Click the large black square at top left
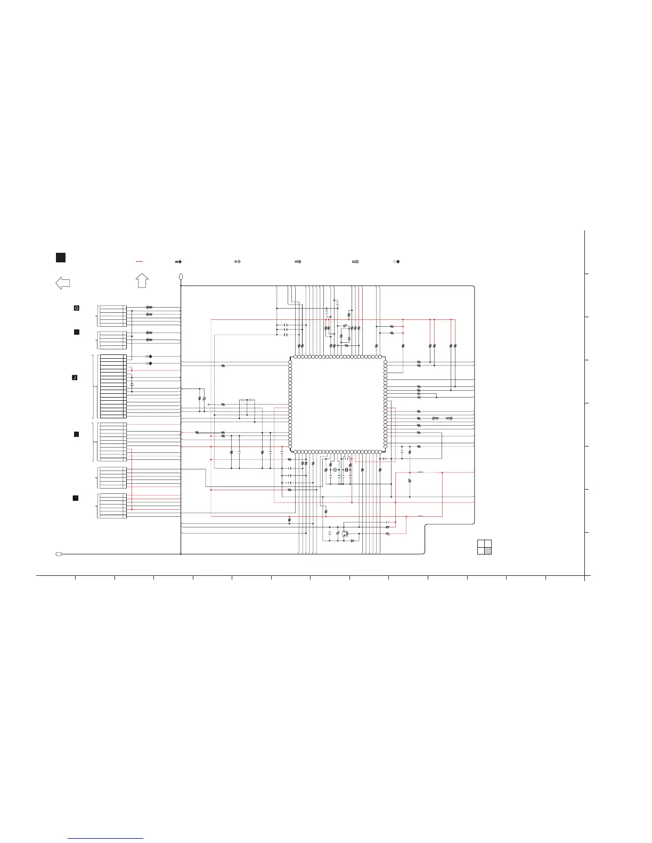pyautogui.click(x=60, y=258)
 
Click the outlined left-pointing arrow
pyautogui.click(x=62, y=283)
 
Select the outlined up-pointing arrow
pyautogui.click(x=142, y=280)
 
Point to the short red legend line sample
pyautogui.click(x=140, y=262)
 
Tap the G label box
pyautogui.click(x=77, y=308)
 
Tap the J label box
pyautogui.click(x=75, y=377)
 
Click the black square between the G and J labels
pyautogui.click(x=77, y=332)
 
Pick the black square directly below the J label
pyautogui.click(x=77, y=434)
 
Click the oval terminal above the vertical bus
pyautogui.click(x=181, y=277)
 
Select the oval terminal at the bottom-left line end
pyautogui.click(x=59, y=554)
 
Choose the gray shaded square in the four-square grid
pyautogui.click(x=488, y=551)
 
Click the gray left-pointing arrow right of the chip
pyautogui.click(x=435, y=419)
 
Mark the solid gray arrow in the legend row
pyautogui.click(x=355, y=262)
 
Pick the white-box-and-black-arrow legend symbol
pyautogui.click(x=396, y=262)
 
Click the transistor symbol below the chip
pyautogui.click(x=345, y=533)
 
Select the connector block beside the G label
pyautogui.click(x=113, y=316)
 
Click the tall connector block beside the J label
pyautogui.click(x=113, y=386)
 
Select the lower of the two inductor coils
pyautogui.click(x=420, y=516)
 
